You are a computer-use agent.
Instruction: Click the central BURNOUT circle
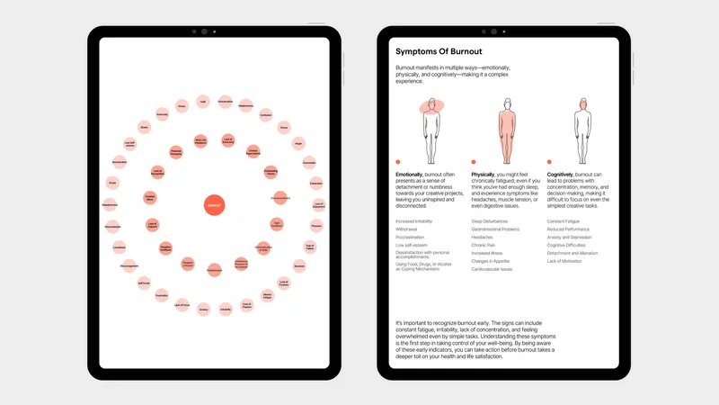pyautogui.click(x=214, y=205)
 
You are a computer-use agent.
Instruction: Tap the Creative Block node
pyautogui.click(x=150, y=197)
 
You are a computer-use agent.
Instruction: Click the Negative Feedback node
pyautogui.click(x=166, y=247)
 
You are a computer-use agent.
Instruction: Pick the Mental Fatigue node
pyautogui.click(x=268, y=295)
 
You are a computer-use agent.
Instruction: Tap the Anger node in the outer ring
pyautogui.click(x=297, y=142)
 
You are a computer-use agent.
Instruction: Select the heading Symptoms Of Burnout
pyautogui.click(x=438, y=50)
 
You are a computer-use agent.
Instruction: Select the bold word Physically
pyautogui.click(x=488, y=173)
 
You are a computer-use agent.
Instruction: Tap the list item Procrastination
pyautogui.click(x=414, y=236)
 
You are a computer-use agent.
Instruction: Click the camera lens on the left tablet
pyautogui.click(x=214, y=31)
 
